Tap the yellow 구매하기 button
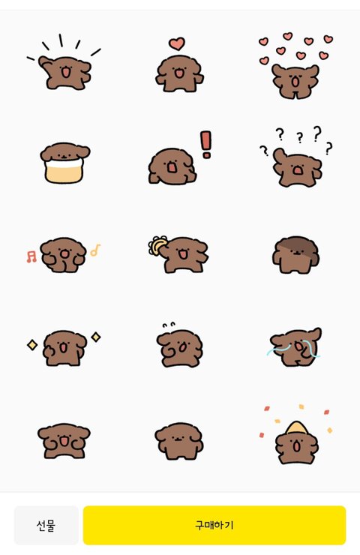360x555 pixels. [x=214, y=525]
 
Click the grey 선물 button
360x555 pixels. [x=46, y=525]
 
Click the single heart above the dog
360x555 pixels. [x=177, y=43]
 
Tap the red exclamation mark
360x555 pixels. [x=205, y=145]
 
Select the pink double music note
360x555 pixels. [x=31, y=256]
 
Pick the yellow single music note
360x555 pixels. [x=95, y=250]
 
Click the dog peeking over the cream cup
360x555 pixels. [x=65, y=152]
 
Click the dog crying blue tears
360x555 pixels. [x=295, y=346]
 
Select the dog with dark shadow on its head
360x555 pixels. [x=296, y=254]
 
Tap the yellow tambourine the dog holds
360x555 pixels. [x=157, y=245]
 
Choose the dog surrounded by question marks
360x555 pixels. [x=297, y=167]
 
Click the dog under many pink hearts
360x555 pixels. [x=295, y=81]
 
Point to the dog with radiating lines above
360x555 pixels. [x=64, y=72]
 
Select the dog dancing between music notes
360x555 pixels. [x=63, y=255]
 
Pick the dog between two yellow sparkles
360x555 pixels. [x=64, y=348]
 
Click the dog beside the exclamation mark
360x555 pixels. [x=172, y=166]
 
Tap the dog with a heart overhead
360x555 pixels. [x=179, y=73]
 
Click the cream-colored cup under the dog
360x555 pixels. [x=64, y=170]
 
